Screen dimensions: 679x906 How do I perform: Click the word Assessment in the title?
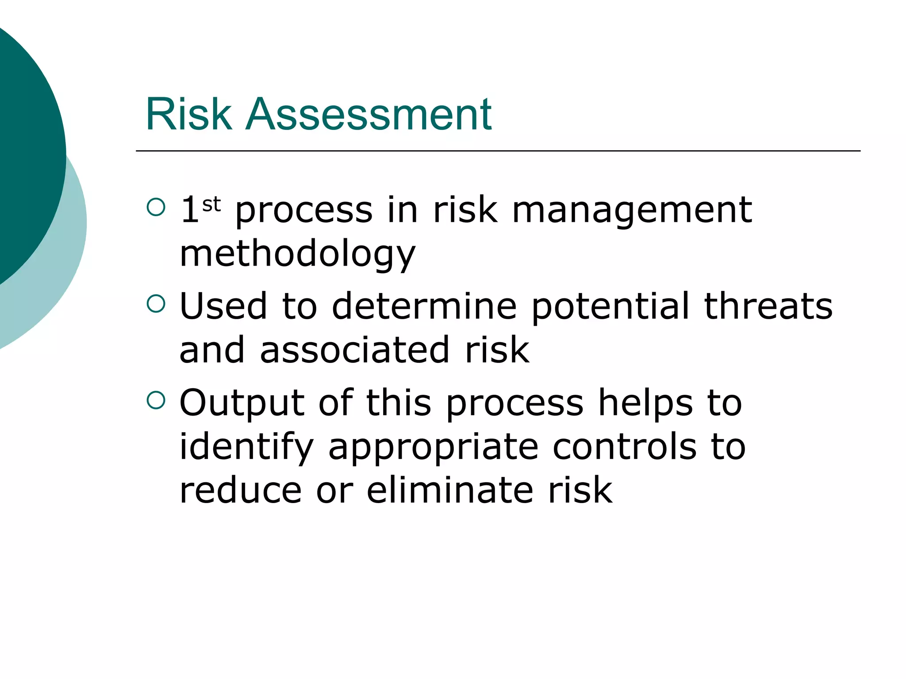click(x=368, y=114)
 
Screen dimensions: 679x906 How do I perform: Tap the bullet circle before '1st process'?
click(x=156, y=207)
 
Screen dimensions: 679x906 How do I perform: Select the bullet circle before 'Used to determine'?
click(x=156, y=304)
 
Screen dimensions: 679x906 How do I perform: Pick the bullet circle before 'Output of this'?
click(x=156, y=400)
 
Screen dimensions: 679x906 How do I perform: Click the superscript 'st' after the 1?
click(x=211, y=205)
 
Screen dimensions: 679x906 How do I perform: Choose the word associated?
click(x=355, y=350)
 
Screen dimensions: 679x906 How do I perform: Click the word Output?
click(x=242, y=403)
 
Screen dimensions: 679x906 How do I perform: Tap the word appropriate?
click(x=433, y=447)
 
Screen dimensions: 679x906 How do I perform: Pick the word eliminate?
click(x=450, y=490)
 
